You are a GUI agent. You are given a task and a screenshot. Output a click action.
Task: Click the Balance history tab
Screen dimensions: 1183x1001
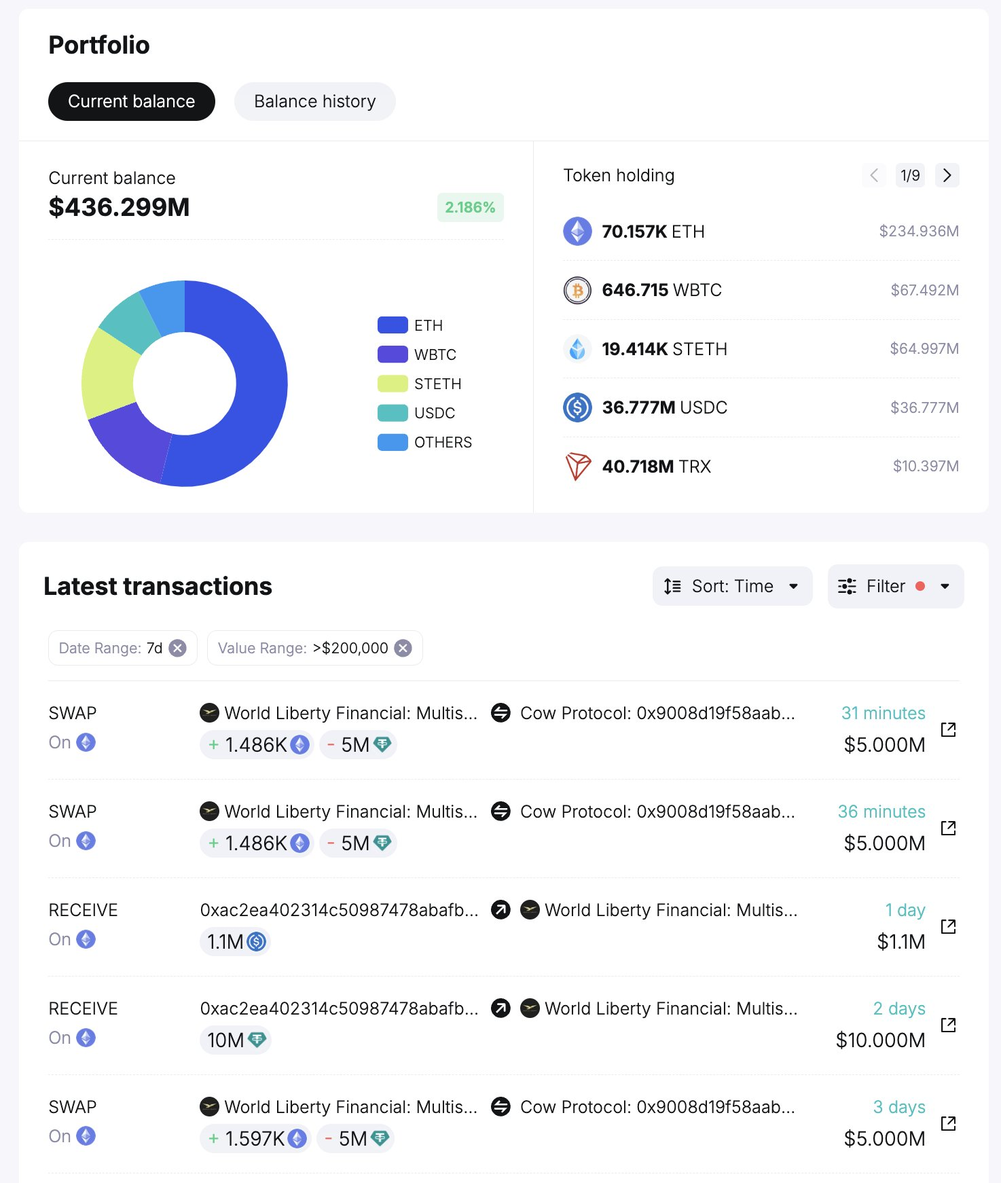[x=314, y=102]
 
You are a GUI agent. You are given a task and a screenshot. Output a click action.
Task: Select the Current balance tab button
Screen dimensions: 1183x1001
[x=131, y=102]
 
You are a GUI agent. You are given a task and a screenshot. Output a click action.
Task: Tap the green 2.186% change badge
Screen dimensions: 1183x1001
[x=470, y=207]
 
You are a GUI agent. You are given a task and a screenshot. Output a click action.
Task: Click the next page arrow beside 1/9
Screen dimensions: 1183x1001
[x=947, y=175]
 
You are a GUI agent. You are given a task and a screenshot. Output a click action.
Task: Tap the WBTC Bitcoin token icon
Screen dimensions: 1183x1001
[x=577, y=291]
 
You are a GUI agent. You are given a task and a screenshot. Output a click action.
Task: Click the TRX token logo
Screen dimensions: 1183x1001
[x=577, y=467]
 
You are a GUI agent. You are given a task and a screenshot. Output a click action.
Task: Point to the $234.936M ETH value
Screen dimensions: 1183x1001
[x=918, y=232]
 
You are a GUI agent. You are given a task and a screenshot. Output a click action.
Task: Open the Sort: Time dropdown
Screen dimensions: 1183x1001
[x=732, y=586]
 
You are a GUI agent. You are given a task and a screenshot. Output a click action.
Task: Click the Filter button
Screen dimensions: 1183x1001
[x=895, y=586]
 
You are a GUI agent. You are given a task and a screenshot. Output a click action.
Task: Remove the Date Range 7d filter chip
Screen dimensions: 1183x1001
[x=178, y=648]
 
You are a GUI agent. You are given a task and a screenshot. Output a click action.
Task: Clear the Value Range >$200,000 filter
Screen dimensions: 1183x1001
[x=403, y=648]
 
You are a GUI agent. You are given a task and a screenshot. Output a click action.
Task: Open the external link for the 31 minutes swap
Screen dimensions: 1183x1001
[x=948, y=729]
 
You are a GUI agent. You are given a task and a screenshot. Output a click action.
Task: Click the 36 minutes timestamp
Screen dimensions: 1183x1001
[x=881, y=812]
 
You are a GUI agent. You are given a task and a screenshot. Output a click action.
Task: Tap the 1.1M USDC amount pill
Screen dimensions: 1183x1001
[x=235, y=942]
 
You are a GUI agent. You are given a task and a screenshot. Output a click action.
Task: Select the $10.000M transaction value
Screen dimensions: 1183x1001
[x=880, y=1040]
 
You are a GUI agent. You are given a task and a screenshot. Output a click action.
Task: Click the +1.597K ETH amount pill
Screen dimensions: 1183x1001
[x=256, y=1139]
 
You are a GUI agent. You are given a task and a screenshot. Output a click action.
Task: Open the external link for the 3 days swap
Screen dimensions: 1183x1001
[x=948, y=1123]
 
